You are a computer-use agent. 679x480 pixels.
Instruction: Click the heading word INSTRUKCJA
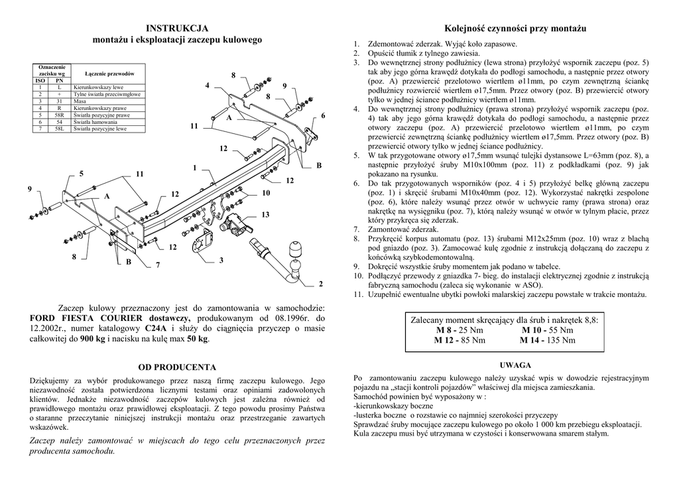coord(177,28)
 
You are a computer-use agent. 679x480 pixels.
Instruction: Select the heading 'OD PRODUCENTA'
coord(177,367)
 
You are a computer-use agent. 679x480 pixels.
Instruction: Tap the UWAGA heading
coord(515,365)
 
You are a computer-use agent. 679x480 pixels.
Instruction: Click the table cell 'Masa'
coord(79,101)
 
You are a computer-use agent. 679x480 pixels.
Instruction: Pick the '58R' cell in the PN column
coord(59,115)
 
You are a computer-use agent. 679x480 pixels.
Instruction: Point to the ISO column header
coord(40,80)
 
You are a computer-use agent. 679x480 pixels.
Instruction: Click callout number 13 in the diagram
coord(265,214)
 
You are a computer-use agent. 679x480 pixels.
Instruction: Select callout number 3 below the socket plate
coord(221,259)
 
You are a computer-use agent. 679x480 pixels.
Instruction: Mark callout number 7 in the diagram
coord(158,265)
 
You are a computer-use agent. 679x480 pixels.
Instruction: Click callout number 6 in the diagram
coord(324,116)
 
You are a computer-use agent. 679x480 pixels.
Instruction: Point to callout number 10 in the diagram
coord(266,193)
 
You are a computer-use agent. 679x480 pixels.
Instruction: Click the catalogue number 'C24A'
coord(154,328)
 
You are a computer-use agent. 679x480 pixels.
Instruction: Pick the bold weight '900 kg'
coord(92,339)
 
